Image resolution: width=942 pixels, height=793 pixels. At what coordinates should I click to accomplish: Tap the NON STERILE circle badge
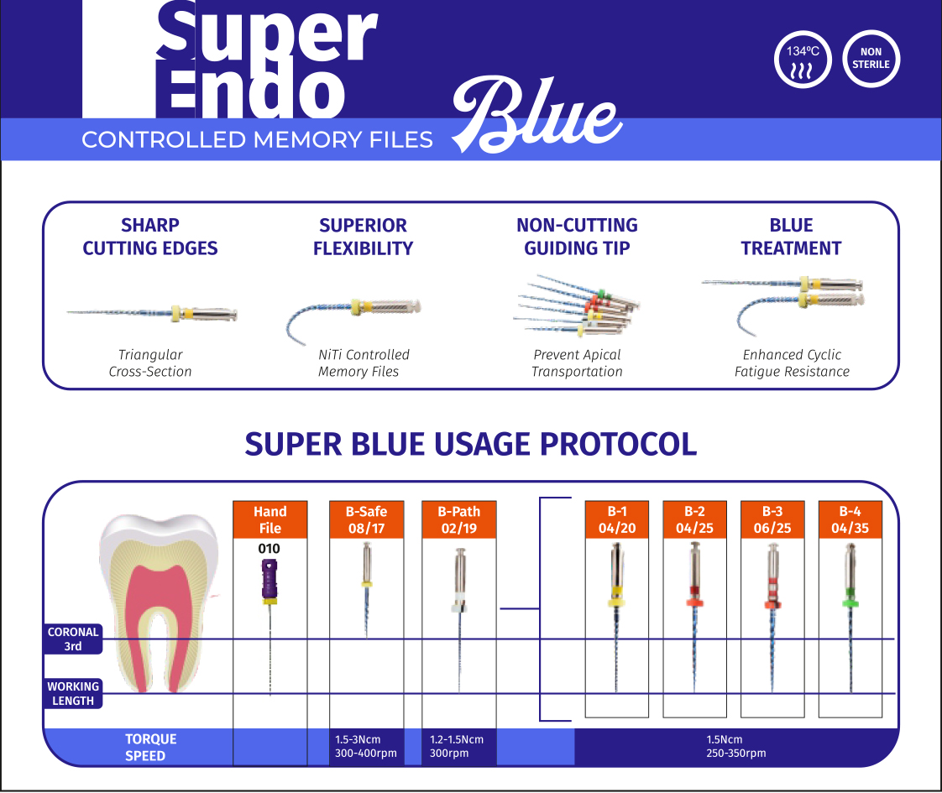click(x=871, y=59)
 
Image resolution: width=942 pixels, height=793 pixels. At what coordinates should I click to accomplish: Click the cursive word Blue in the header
click(x=537, y=116)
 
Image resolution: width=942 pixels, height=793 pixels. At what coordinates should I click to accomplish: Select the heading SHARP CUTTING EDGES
click(x=150, y=237)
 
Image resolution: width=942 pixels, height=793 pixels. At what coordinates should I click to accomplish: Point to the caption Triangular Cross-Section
click(x=150, y=363)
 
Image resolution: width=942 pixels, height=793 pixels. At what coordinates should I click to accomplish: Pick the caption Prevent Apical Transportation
click(x=577, y=363)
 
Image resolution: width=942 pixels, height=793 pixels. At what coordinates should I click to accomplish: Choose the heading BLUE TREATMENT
click(x=791, y=237)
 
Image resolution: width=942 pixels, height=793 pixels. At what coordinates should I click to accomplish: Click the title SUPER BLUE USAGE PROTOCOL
click(x=470, y=443)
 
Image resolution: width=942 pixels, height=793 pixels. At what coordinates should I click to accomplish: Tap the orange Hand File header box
click(x=270, y=519)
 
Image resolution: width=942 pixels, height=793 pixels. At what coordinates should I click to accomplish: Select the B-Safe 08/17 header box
click(x=366, y=519)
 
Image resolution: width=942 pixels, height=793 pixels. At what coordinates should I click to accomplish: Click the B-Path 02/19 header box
click(x=459, y=519)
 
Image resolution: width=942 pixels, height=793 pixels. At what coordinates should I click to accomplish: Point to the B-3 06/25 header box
click(x=772, y=519)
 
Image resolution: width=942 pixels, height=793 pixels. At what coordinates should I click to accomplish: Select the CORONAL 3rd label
click(x=73, y=639)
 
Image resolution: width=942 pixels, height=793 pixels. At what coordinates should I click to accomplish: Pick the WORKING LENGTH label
click(x=73, y=693)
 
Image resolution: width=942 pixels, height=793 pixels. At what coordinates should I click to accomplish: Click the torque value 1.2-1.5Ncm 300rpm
click(x=457, y=747)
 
